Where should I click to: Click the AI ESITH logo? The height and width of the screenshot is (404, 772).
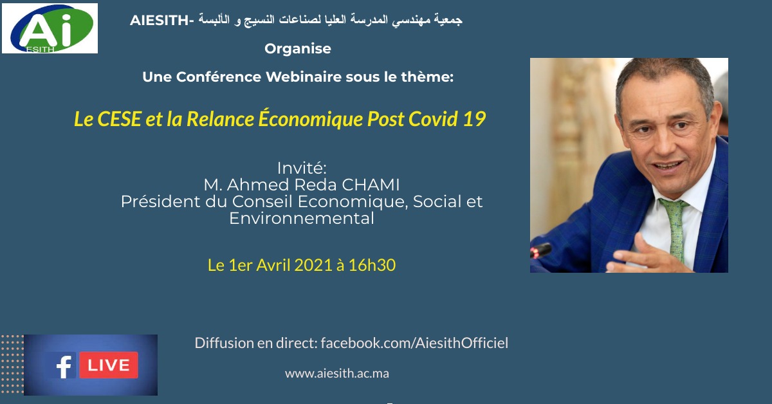click(50, 28)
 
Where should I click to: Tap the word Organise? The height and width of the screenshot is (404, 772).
click(298, 49)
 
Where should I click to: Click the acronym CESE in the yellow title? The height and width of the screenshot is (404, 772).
click(118, 119)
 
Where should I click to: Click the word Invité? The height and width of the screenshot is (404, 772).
click(302, 168)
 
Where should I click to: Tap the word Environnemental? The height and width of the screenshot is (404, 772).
click(302, 219)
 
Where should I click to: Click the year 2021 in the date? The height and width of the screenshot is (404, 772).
click(313, 265)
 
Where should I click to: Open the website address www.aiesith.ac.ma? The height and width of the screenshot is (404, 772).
click(337, 373)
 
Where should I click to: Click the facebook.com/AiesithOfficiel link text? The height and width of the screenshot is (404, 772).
click(414, 343)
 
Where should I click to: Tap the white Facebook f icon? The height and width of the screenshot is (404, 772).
click(64, 365)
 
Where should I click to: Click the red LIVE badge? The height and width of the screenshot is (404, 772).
click(109, 365)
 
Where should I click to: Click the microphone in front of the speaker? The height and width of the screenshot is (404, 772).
click(540, 250)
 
